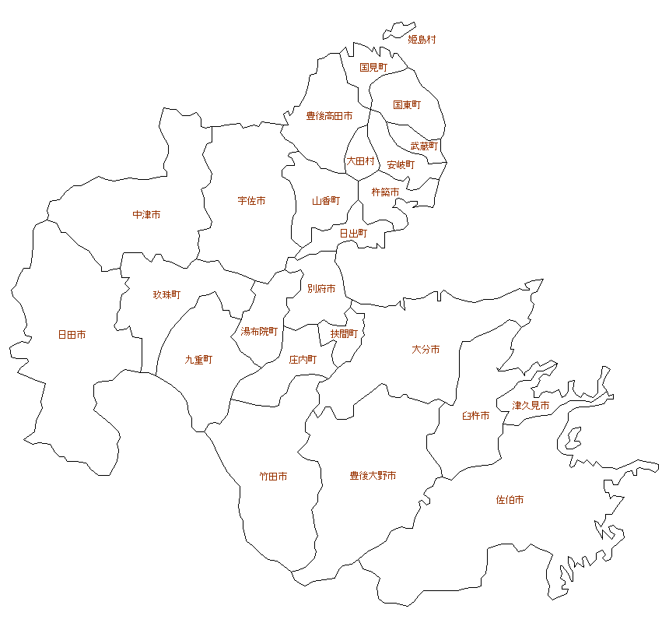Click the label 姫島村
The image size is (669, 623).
(422, 39)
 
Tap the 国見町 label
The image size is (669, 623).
(373, 68)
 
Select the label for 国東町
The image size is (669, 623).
(407, 104)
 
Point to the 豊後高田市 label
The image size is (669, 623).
(329, 116)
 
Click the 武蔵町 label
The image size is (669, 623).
(424, 146)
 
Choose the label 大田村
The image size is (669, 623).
(360, 161)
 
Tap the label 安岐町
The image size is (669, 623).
(401, 165)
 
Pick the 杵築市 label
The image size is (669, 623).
(385, 192)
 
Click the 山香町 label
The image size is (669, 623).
(326, 200)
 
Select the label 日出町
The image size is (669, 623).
(353, 233)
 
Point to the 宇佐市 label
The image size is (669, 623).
(251, 201)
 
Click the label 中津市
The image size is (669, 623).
(146, 214)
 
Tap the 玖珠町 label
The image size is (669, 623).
(166, 295)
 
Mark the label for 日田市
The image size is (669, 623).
(72, 335)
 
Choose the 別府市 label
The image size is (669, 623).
(321, 289)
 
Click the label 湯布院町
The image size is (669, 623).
(259, 331)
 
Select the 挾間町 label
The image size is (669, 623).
(344, 333)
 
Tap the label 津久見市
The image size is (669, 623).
(531, 406)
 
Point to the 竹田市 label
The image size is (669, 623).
(273, 476)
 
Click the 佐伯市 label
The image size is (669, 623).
(510, 499)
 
